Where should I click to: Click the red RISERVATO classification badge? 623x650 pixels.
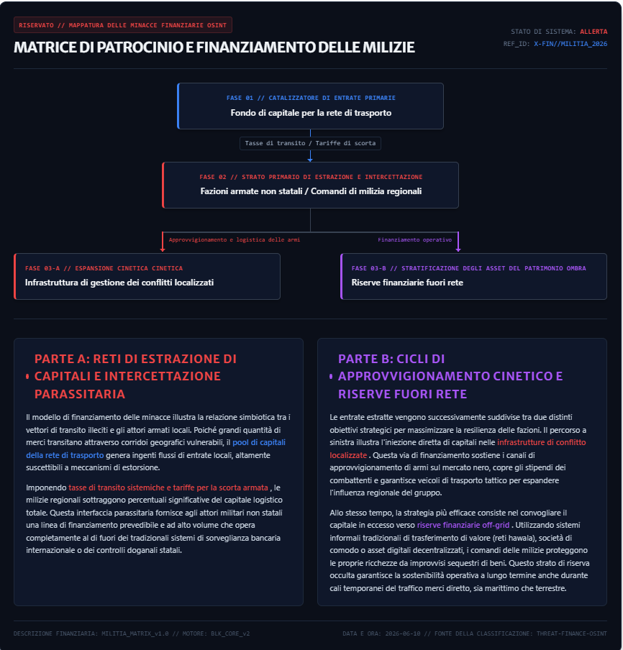pyautogui.click(x=123, y=25)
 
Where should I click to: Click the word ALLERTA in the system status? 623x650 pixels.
pyautogui.click(x=594, y=32)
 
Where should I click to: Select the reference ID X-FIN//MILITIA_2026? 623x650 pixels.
pyautogui.click(x=570, y=44)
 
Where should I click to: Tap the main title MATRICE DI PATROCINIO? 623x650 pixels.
pyautogui.click(x=214, y=47)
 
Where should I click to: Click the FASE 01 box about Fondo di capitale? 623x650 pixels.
pyautogui.click(x=310, y=106)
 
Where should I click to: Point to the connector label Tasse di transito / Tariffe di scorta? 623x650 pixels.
pyautogui.click(x=310, y=143)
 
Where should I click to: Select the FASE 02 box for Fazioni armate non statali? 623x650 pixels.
pyautogui.click(x=310, y=185)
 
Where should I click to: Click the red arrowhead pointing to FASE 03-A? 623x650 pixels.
pyautogui.click(x=163, y=250)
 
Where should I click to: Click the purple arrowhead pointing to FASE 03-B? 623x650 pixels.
pyautogui.click(x=458, y=250)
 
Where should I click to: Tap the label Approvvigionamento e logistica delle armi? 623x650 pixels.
pyautogui.click(x=235, y=239)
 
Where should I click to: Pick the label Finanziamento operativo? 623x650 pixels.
pyautogui.click(x=415, y=239)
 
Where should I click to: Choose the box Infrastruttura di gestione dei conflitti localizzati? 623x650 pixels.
pyautogui.click(x=147, y=276)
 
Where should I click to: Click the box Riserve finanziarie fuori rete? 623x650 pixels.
pyautogui.click(x=473, y=276)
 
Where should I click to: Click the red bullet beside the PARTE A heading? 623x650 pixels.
pyautogui.click(x=27, y=376)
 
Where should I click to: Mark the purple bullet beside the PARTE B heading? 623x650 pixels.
pyautogui.click(x=331, y=376)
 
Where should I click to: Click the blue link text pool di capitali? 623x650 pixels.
pyautogui.click(x=259, y=442)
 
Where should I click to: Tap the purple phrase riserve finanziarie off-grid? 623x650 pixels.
pyautogui.click(x=463, y=525)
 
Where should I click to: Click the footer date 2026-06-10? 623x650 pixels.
pyautogui.click(x=403, y=633)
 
